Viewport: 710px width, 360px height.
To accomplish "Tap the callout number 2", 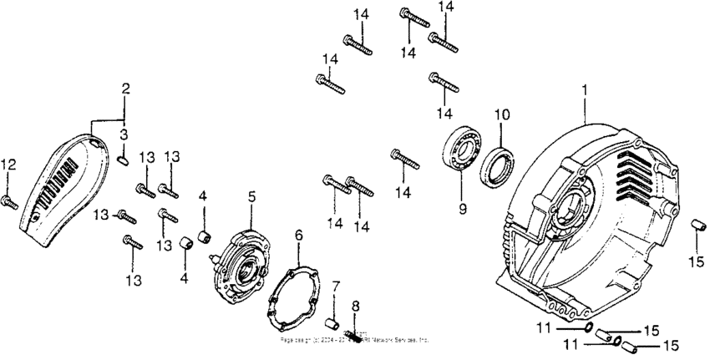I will point(125,88).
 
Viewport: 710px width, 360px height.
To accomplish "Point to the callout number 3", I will point(123,134).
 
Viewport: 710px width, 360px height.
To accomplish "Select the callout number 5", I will point(251,197).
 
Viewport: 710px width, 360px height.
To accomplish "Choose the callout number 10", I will point(500,114).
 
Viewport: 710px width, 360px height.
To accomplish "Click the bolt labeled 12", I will point(11,200).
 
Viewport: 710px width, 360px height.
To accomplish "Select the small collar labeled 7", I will point(331,323).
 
